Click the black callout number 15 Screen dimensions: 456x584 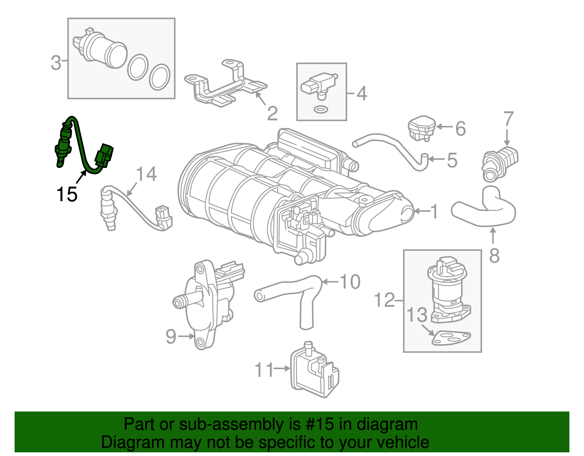(x=67, y=194)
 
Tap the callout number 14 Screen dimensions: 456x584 (x=146, y=174)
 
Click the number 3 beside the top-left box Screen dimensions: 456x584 (x=55, y=63)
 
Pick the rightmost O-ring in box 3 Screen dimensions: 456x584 (x=160, y=77)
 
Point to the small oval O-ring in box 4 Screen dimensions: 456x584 (x=320, y=109)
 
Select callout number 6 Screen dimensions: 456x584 (x=461, y=129)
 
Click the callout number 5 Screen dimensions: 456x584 (x=452, y=160)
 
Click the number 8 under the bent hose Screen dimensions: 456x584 (x=494, y=256)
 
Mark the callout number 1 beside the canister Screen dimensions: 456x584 (x=434, y=211)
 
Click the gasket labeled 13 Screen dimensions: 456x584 (x=451, y=338)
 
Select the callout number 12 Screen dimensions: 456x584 (x=385, y=300)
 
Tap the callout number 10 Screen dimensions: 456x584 (x=350, y=282)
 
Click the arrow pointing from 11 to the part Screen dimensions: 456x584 (x=281, y=369)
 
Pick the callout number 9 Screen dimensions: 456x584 (x=171, y=336)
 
